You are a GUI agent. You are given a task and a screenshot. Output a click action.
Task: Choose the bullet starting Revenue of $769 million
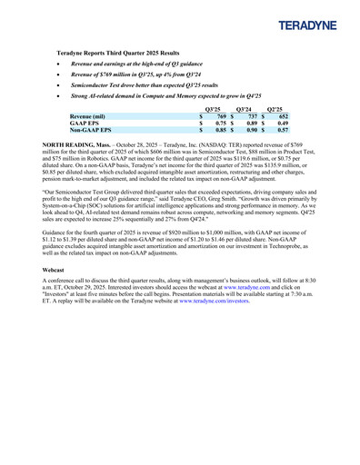pos(135,74)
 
